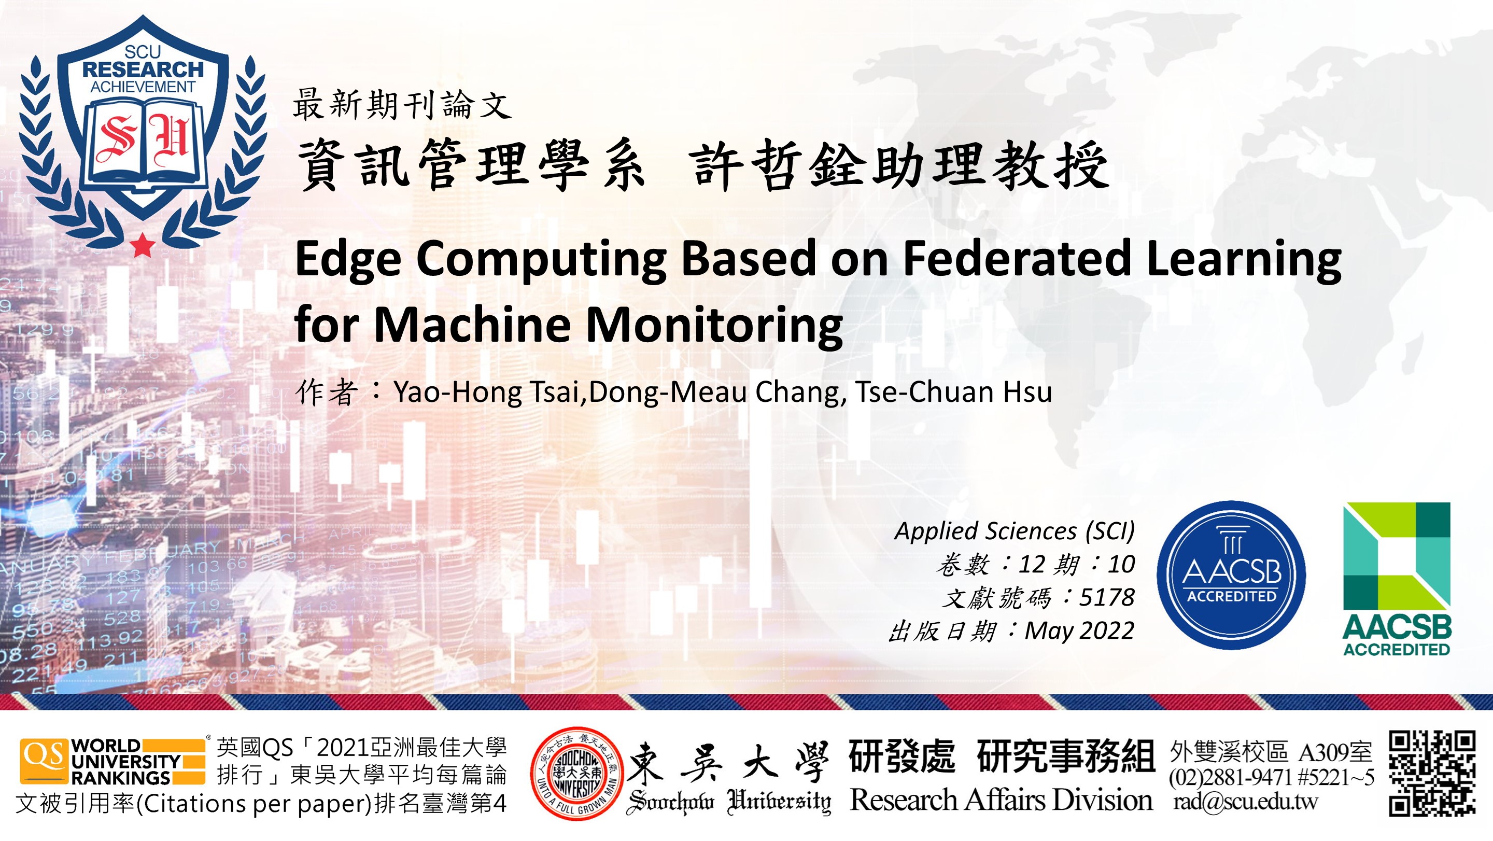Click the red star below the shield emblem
point(143,245)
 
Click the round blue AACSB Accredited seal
point(1231,575)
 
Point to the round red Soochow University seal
point(576,774)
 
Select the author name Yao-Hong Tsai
point(487,392)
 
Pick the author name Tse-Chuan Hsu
point(953,392)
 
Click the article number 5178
point(1106,597)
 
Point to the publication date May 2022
point(1079,630)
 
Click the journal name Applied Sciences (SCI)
point(1015,531)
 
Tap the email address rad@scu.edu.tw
point(1246,802)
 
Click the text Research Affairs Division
point(1001,801)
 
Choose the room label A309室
point(1335,752)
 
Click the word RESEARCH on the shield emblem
point(143,69)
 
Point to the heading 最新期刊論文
point(402,105)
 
